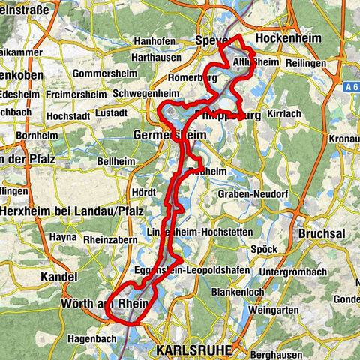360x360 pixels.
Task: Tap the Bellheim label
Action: [x=115, y=161]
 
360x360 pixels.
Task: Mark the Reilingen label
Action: [x=310, y=63]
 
